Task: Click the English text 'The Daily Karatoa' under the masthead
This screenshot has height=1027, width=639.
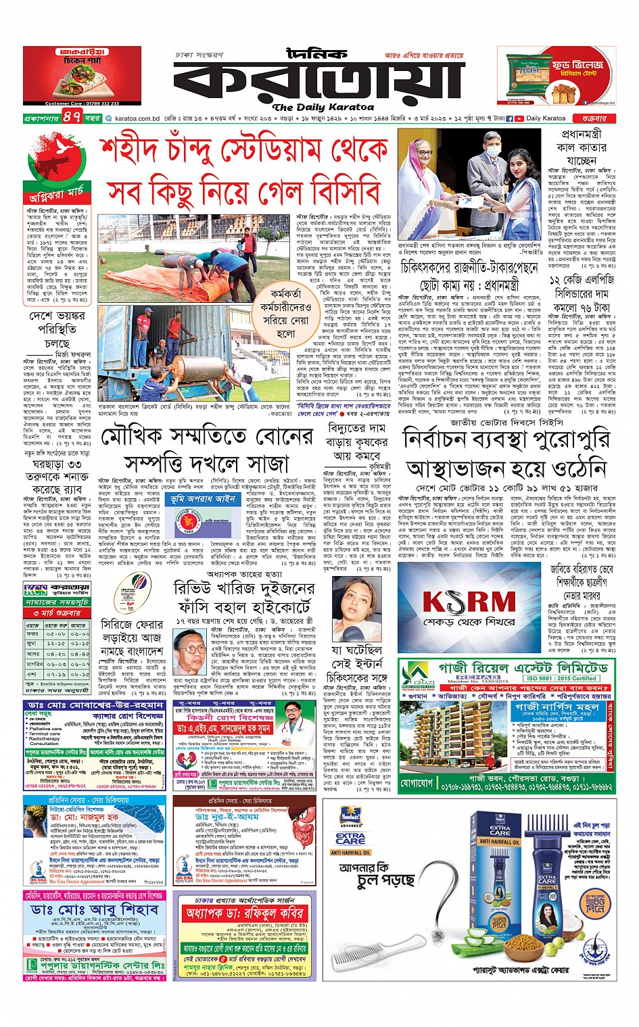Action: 323,107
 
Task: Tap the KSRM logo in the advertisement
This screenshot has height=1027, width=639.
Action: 469,602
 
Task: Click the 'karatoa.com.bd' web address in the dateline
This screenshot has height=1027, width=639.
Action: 137,118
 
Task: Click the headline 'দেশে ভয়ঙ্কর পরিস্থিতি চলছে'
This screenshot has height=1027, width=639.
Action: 57,329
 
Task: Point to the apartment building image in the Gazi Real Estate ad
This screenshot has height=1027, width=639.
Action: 452,733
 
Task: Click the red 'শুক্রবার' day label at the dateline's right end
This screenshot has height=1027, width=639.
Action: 594,118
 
